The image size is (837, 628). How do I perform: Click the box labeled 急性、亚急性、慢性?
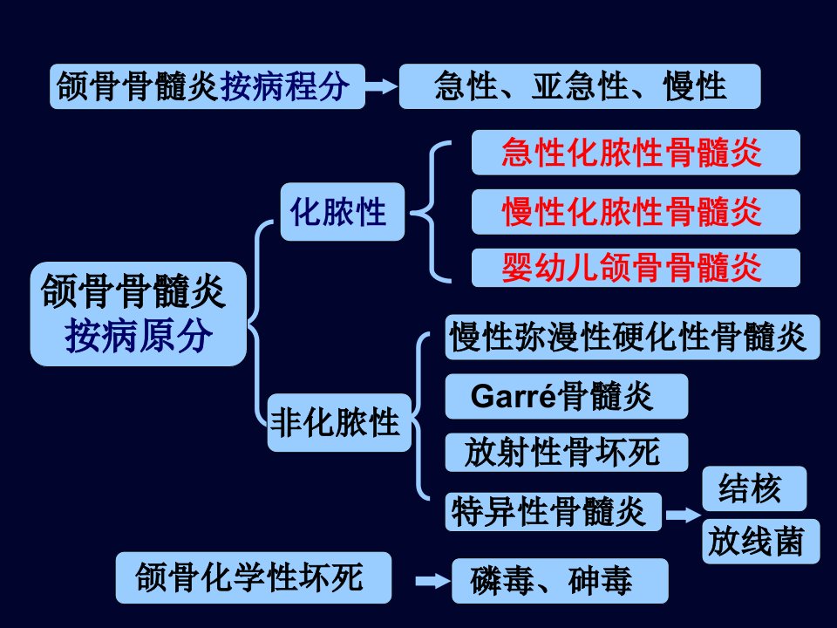click(580, 86)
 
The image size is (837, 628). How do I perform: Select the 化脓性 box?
click(342, 211)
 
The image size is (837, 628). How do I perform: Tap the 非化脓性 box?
click(339, 422)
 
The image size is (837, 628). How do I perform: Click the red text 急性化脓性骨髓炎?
click(631, 153)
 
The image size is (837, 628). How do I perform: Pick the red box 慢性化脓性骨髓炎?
click(636, 211)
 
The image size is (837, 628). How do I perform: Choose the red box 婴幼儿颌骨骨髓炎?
click(636, 268)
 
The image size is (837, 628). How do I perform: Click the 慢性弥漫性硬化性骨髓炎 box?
click(633, 337)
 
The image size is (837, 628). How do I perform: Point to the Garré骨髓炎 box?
click(567, 396)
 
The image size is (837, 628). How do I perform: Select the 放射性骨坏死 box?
click(567, 453)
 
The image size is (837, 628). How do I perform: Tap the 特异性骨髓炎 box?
click(554, 512)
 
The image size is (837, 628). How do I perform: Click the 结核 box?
click(754, 488)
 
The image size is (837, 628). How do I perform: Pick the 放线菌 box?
click(760, 541)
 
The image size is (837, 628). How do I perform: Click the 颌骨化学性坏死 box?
click(254, 577)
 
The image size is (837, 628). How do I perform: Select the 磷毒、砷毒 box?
click(560, 581)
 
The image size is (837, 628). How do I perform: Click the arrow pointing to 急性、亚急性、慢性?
click(382, 86)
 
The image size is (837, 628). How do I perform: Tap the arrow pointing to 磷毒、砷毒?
click(433, 581)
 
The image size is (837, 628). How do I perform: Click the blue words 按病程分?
click(284, 86)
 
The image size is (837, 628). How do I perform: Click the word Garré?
click(513, 396)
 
